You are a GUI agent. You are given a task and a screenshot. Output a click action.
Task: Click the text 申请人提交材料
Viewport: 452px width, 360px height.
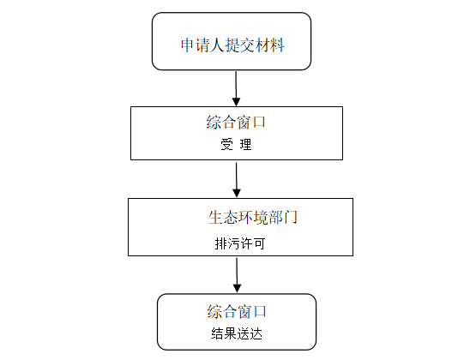click(232, 45)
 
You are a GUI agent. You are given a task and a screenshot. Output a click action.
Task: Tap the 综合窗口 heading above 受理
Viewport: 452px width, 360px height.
click(236, 122)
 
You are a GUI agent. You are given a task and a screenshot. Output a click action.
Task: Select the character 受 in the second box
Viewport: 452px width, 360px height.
click(227, 144)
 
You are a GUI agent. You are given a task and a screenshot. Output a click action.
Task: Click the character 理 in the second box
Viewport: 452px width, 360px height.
click(246, 144)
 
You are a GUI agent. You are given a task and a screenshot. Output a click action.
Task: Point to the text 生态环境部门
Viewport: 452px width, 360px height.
click(253, 217)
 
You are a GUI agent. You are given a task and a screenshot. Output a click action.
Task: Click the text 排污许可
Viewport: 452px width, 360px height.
click(240, 243)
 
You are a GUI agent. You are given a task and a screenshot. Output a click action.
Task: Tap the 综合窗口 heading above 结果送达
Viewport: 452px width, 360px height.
click(237, 311)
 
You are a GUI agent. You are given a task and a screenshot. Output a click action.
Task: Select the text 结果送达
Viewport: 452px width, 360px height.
click(237, 333)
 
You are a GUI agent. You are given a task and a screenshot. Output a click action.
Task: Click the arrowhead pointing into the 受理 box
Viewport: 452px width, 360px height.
click(237, 102)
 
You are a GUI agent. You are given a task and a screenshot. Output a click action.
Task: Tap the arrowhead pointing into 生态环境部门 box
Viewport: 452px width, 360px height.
click(237, 193)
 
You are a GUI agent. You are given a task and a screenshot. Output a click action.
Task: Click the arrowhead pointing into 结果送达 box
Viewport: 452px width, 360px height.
click(237, 289)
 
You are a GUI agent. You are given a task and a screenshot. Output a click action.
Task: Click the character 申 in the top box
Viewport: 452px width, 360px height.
click(188, 45)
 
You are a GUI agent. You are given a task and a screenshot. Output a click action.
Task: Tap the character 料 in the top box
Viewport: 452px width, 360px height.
click(277, 45)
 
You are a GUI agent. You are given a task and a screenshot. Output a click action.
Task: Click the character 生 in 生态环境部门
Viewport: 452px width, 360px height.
click(215, 217)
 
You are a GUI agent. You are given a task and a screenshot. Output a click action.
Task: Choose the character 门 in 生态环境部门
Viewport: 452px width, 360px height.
click(291, 217)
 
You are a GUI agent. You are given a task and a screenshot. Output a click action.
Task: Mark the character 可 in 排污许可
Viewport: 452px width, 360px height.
click(259, 243)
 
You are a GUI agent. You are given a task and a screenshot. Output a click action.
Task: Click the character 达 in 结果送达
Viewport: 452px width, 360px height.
click(256, 333)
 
